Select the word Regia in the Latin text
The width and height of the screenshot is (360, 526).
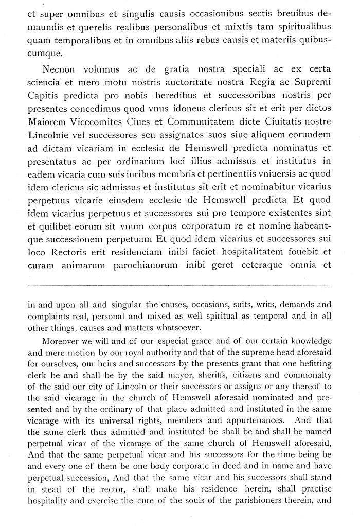click(265, 82)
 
